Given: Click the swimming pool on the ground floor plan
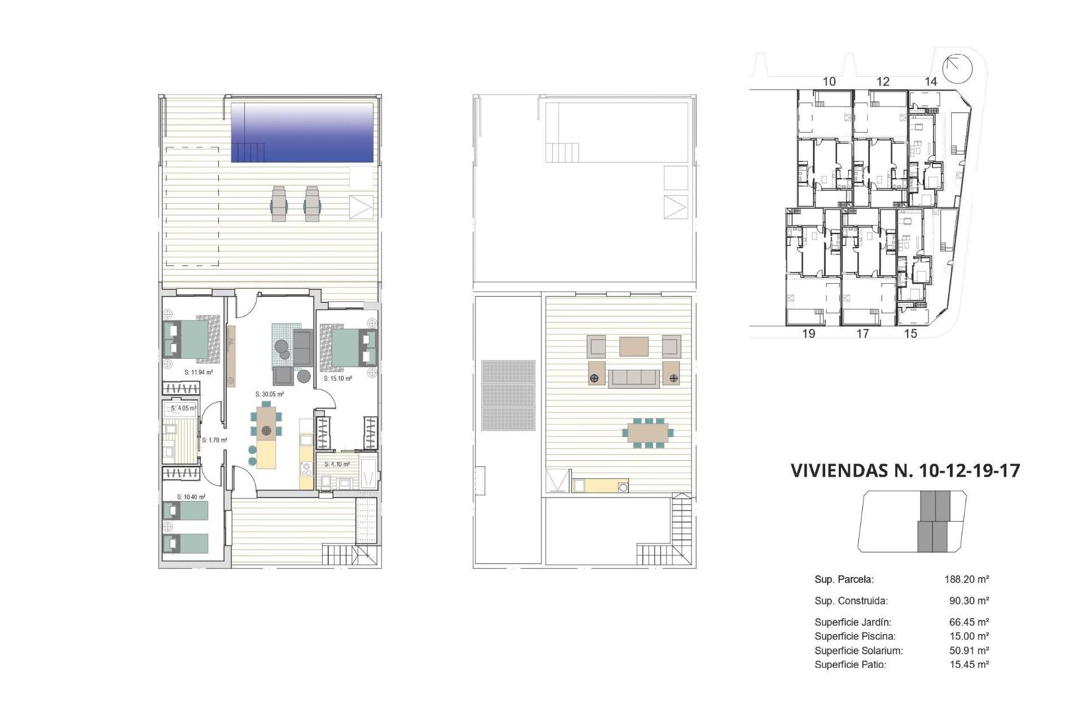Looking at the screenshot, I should pos(302,132).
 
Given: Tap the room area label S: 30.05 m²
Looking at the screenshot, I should pos(270,394).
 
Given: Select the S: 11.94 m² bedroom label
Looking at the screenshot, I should pos(199,372).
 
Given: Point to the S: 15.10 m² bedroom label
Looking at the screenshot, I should pos(338,378).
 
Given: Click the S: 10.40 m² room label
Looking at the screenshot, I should pos(191,497).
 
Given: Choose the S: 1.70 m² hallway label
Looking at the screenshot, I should pos(214,440).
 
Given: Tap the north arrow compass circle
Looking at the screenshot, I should pos(958,68).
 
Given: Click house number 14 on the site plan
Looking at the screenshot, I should pos(931,82).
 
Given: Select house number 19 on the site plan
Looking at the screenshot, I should pos(808,334).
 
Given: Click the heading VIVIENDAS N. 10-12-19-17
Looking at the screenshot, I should pos(905,470).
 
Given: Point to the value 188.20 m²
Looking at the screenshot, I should pos(967,579).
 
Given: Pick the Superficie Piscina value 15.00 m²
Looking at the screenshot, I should pos(969,636).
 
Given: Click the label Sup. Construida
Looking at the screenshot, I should pos(851,601).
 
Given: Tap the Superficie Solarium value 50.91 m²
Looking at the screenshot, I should pos(969,650).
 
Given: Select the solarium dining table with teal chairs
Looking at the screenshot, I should pos(648,433).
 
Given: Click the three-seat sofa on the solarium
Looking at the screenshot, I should pos(633,378).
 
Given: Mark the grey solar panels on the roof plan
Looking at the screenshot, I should pos(508,395).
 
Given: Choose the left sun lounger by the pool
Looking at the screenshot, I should pos(279,204).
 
